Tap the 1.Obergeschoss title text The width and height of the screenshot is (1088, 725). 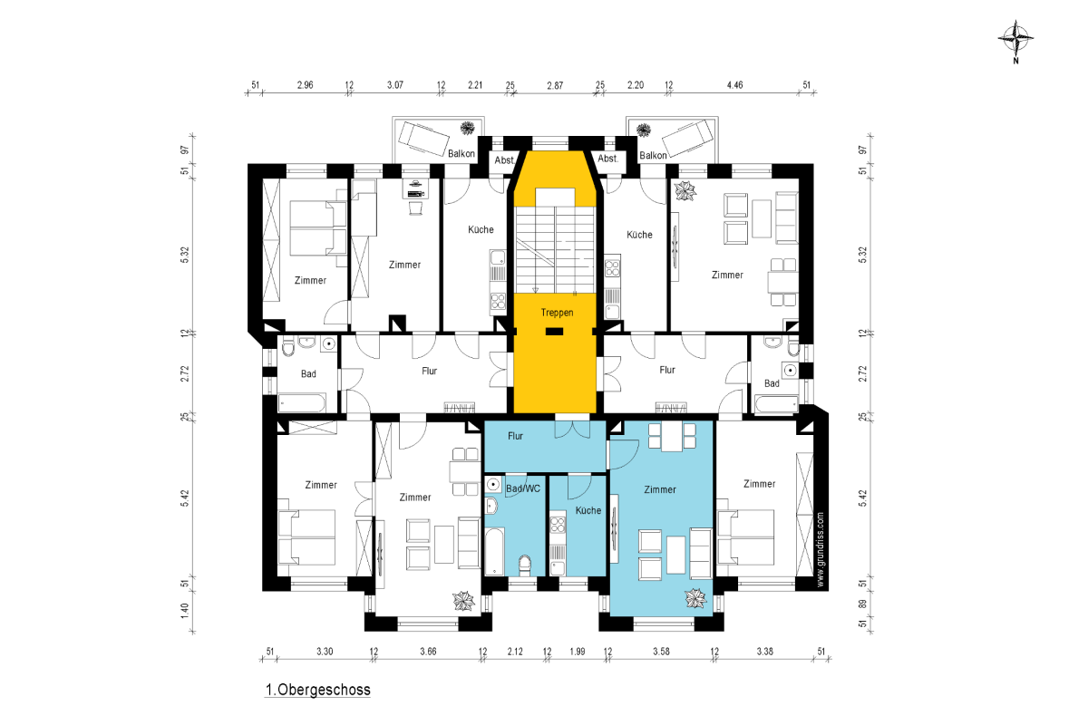point(317,690)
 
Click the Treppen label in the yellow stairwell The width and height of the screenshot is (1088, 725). point(557,313)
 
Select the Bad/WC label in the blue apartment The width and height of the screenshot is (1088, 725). point(523,488)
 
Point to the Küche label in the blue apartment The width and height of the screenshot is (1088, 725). point(588,510)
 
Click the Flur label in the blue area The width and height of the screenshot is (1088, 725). point(515,436)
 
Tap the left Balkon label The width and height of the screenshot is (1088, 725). point(461,153)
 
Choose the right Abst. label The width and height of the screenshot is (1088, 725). point(607,159)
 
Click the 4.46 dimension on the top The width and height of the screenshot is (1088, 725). point(734,85)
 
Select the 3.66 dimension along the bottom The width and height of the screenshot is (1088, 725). point(428,652)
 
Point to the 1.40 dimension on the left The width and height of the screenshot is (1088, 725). point(185,611)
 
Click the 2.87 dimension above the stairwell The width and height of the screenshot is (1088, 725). point(555,85)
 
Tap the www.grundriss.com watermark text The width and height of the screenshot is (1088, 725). point(821,550)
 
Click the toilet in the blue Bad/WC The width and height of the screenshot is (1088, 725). point(525,565)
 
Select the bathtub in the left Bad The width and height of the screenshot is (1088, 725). point(302,403)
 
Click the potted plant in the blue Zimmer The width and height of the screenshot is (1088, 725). point(695,598)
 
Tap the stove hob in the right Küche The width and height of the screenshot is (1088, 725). point(612,268)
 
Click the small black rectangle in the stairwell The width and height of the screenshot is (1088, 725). point(554,332)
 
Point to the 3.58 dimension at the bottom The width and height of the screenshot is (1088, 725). point(661,652)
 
